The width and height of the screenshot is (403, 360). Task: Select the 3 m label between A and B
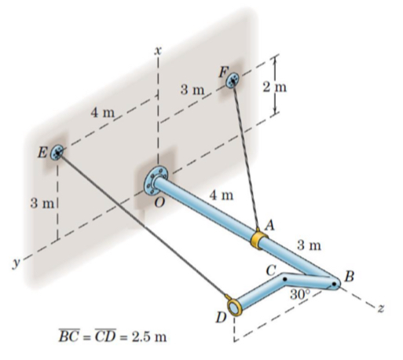[x=310, y=245]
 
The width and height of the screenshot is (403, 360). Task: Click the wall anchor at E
[x=56, y=152]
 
